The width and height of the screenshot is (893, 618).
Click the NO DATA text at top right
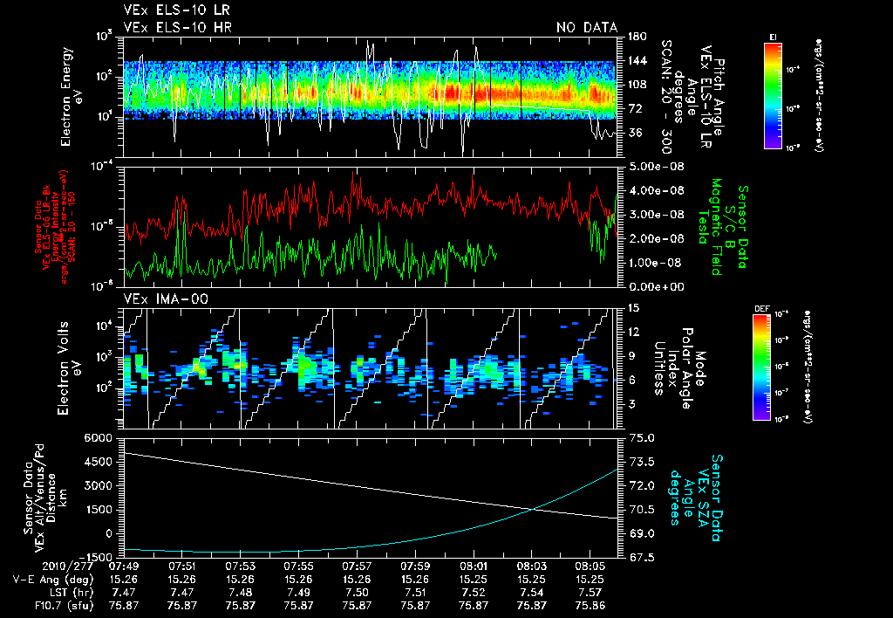pos(587,28)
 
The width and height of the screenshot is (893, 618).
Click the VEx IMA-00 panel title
pos(165,299)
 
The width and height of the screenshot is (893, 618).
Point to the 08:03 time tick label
pos(532,565)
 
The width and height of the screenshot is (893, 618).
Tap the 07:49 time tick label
pos(123,565)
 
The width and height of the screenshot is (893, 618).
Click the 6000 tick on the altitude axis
pos(100,436)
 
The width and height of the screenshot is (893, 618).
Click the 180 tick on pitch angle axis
pos(635,37)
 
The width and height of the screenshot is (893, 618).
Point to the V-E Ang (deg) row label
pos(44,578)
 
